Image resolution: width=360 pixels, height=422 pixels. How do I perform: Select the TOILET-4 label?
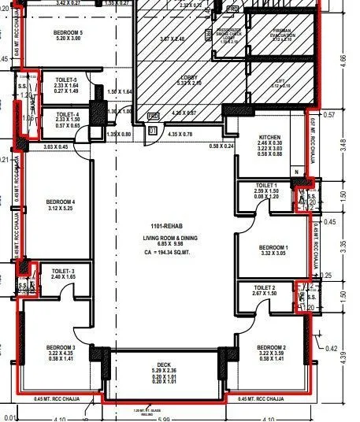click(x=65, y=115)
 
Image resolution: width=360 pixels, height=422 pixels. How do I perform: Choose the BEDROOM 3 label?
click(x=60, y=347)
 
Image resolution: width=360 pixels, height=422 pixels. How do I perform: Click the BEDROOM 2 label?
click(x=270, y=347)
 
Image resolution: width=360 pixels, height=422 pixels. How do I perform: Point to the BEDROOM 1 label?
click(x=274, y=247)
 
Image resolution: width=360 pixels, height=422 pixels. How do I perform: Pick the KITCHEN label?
click(x=269, y=137)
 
